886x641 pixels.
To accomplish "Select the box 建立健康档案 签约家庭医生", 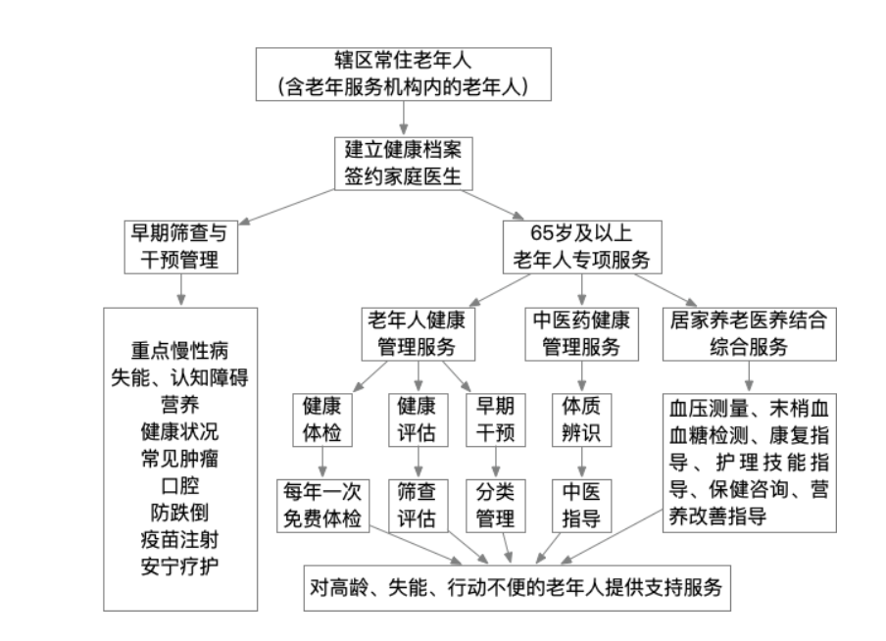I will coord(403,162).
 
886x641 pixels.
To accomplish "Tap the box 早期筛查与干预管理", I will coord(178,247).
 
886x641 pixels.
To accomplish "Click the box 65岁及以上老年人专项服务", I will coord(581,246).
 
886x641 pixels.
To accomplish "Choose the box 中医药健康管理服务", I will coord(581,332).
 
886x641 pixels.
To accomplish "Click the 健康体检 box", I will coord(321,419).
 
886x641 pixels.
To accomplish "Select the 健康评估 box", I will coord(416,419).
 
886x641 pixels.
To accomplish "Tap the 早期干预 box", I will coord(494,419).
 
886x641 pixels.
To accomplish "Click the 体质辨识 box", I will coord(581,419).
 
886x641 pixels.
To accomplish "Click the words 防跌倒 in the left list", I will coord(179,513).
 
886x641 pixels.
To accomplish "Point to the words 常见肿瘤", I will coord(179,458).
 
